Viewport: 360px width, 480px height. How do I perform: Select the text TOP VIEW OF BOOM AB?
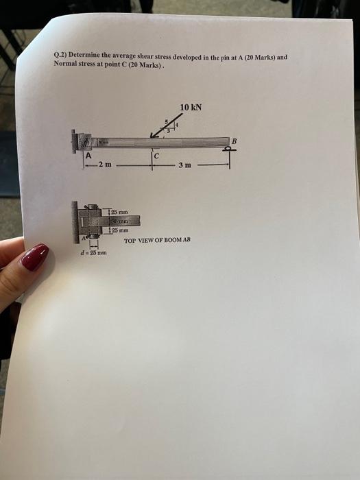click(156, 240)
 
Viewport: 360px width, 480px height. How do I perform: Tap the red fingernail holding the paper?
click(34, 258)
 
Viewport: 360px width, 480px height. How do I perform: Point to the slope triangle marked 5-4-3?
click(169, 125)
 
